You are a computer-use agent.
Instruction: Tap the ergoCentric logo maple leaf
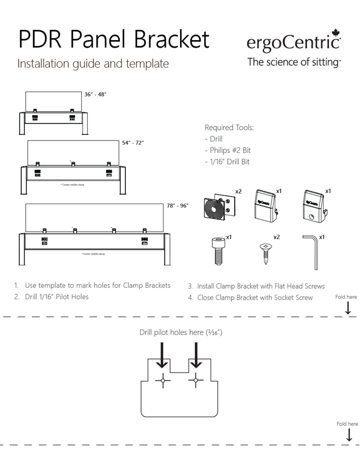click(x=336, y=33)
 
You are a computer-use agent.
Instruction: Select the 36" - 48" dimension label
click(x=95, y=95)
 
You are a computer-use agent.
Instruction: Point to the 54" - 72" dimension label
click(x=133, y=142)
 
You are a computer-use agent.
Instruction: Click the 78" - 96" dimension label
click(x=177, y=205)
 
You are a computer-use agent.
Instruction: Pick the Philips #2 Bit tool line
click(x=228, y=151)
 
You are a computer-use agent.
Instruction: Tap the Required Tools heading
click(x=229, y=128)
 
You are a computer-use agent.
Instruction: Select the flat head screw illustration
click(x=266, y=252)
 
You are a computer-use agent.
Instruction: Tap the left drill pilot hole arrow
click(x=164, y=355)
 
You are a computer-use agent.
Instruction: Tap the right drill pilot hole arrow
click(x=196, y=355)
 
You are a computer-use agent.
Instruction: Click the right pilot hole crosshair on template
click(x=196, y=381)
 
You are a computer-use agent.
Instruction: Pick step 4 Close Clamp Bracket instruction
click(x=251, y=297)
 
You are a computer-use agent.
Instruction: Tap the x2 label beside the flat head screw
click(x=276, y=237)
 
